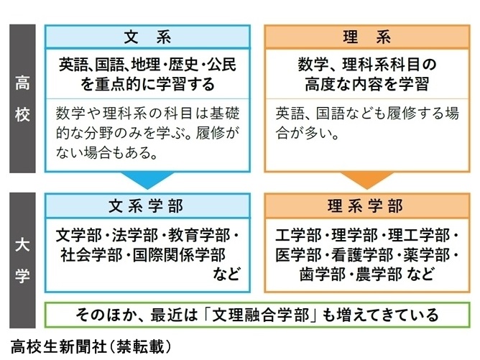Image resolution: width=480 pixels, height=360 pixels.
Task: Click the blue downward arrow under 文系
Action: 148,180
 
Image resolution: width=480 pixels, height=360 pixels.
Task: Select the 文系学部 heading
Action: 147,206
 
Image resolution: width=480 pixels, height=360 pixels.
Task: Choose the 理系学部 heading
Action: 366,206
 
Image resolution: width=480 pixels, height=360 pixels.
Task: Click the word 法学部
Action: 139,236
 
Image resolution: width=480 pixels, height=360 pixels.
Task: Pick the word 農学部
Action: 380,273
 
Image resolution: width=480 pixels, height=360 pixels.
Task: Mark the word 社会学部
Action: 88,254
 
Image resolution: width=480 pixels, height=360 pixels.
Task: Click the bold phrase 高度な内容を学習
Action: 366,83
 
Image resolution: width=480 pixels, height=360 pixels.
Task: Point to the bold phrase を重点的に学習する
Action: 147,83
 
